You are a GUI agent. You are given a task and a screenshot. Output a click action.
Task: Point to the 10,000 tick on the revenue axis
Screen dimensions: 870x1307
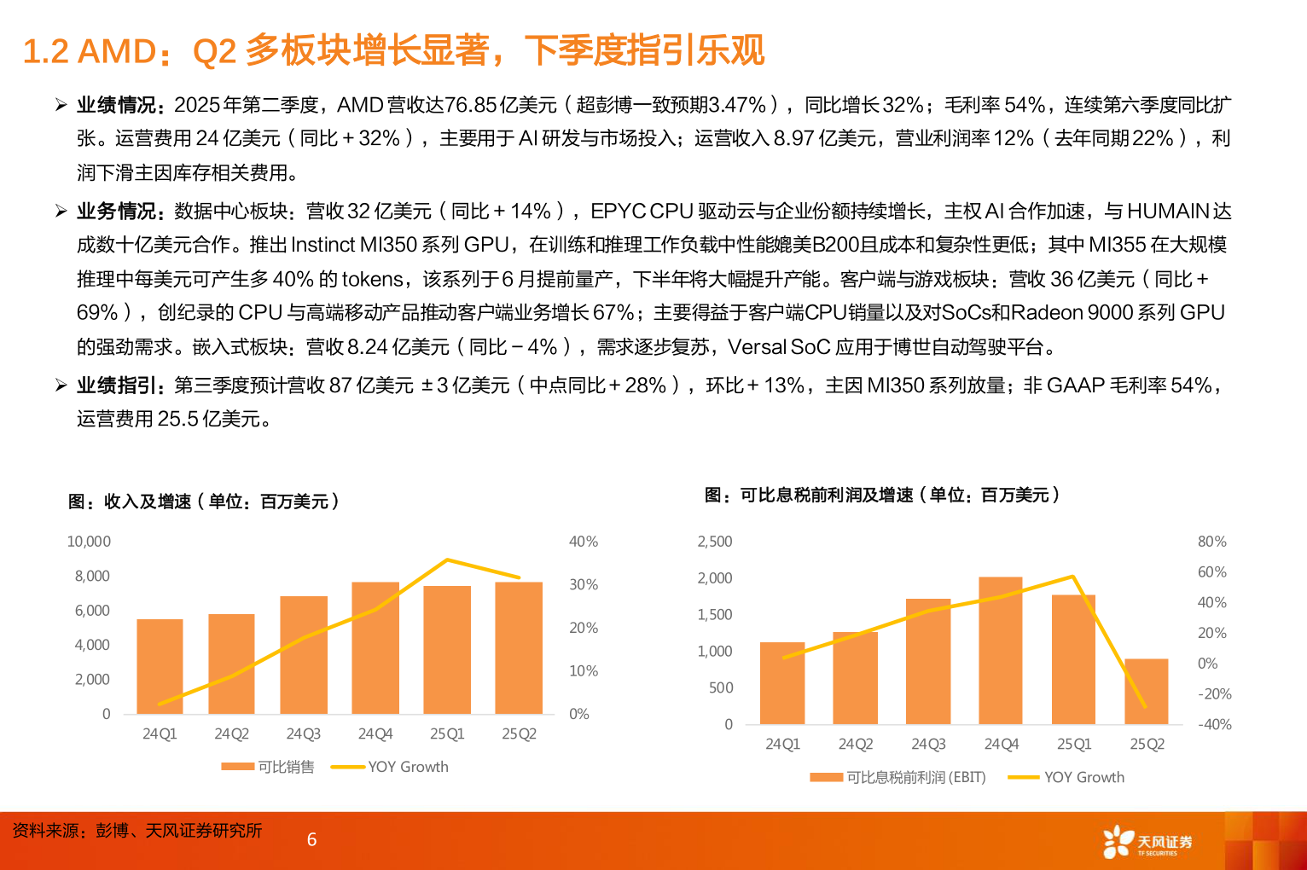pyautogui.click(x=89, y=542)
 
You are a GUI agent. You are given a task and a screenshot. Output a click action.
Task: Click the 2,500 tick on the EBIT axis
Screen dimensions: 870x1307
pyautogui.click(x=715, y=542)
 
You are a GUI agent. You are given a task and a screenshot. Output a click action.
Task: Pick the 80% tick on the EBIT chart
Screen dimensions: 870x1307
pyautogui.click(x=1211, y=542)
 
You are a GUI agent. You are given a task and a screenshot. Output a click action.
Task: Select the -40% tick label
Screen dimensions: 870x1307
pyautogui.click(x=1215, y=724)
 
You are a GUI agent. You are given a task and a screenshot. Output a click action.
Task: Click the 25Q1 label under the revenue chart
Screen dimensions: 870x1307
pyautogui.click(x=447, y=734)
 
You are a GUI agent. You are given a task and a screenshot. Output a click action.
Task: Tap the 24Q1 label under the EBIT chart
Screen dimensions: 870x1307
pyautogui.click(x=782, y=744)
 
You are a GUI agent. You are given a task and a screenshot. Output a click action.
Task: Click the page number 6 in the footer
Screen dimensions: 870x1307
pyautogui.click(x=311, y=839)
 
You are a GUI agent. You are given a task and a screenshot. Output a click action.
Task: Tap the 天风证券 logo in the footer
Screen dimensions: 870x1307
pyautogui.click(x=1147, y=842)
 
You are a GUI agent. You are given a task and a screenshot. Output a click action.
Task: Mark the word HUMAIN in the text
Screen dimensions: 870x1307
pyautogui.click(x=1168, y=211)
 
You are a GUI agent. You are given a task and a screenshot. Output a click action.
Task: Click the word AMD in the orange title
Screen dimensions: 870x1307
pyautogui.click(x=117, y=51)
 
